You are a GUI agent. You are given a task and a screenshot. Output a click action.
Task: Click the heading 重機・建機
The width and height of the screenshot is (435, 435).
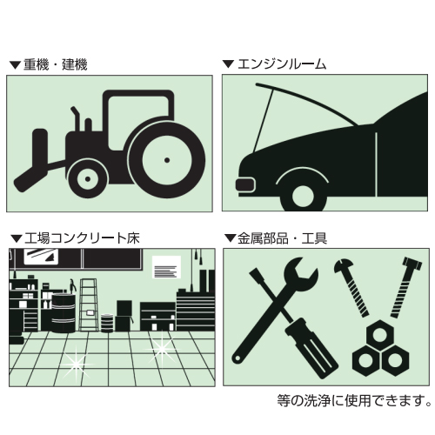(56, 64)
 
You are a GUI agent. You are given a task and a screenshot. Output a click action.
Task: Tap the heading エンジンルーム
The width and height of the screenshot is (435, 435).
(282, 64)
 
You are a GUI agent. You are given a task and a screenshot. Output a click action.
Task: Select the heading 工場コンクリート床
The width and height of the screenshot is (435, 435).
(82, 238)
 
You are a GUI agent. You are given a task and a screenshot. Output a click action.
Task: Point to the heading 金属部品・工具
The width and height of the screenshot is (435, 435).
(283, 238)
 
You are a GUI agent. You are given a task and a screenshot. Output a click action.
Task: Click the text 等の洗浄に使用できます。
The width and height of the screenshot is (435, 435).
(354, 400)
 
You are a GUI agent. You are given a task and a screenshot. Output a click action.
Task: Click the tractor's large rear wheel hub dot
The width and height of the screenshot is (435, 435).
(167, 160)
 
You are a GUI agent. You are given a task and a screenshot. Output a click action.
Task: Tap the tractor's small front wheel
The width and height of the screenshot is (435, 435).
(88, 178)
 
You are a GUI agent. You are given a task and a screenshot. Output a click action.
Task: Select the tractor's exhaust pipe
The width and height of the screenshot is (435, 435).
(77, 119)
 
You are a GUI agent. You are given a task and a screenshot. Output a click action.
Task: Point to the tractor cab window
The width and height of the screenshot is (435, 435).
(138, 122)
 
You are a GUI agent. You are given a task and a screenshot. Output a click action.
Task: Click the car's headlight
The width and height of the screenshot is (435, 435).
(245, 184)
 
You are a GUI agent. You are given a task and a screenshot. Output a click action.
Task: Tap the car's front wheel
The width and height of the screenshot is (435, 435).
(303, 196)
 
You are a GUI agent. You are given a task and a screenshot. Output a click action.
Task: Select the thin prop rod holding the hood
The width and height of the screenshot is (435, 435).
(263, 121)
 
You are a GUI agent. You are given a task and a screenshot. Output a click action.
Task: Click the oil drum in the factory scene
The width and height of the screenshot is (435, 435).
(64, 312)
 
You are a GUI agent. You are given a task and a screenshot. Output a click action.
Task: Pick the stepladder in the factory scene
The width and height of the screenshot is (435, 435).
(88, 304)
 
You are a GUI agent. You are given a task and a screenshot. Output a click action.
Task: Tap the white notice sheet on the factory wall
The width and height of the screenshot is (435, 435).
(166, 268)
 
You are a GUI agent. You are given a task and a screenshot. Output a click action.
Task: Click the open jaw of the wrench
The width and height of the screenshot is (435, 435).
(302, 271)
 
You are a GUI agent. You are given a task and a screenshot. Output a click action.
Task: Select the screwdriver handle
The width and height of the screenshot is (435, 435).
(311, 348)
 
